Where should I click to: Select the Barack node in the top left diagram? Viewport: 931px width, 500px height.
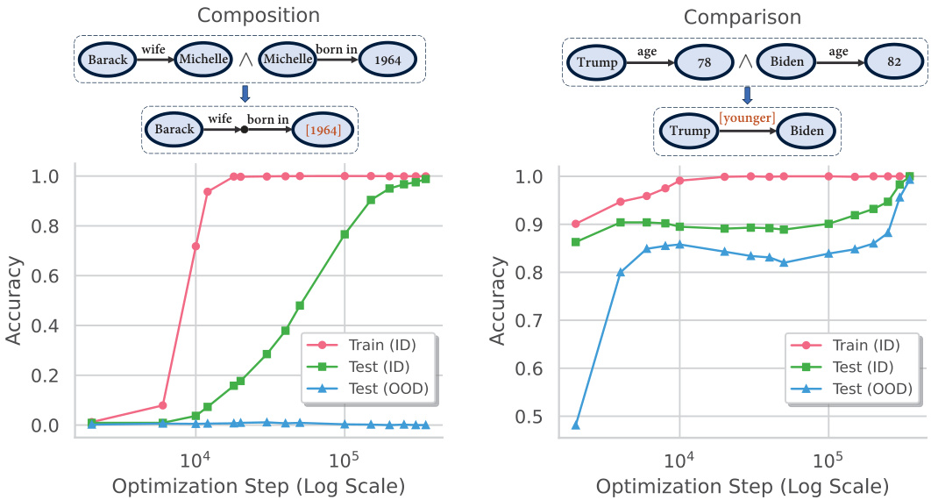click(x=107, y=60)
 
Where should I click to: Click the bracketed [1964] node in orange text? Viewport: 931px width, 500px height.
click(x=324, y=130)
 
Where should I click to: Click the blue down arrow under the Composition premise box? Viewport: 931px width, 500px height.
click(x=245, y=94)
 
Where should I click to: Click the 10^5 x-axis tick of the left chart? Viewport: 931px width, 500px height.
click(x=345, y=460)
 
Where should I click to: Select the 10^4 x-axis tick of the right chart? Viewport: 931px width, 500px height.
click(x=679, y=460)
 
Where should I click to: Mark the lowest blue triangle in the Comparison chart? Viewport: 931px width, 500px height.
click(x=576, y=425)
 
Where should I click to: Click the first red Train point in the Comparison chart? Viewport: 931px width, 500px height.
click(x=576, y=224)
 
